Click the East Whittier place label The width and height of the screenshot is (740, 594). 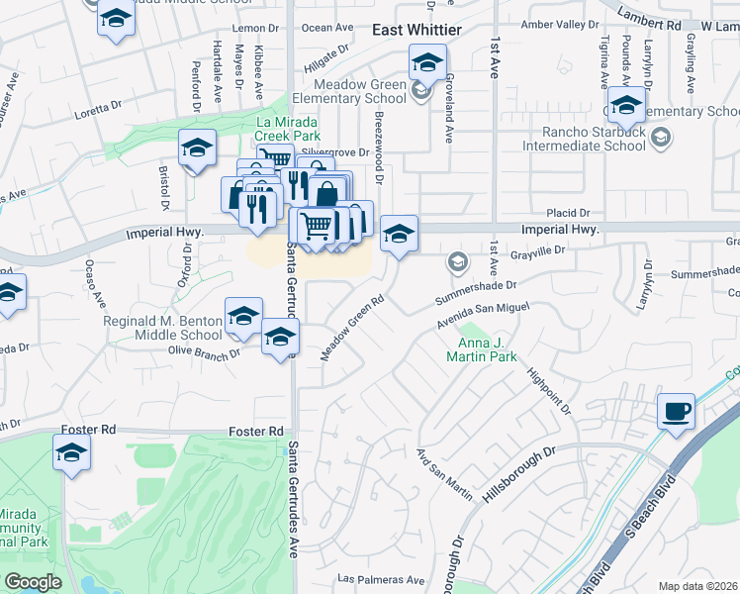(x=416, y=31)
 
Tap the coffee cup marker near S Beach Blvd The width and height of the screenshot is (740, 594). (x=676, y=412)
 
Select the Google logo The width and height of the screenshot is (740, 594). (x=33, y=581)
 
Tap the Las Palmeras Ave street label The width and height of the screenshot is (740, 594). (x=381, y=580)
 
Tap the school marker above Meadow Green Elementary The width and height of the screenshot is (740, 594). (x=427, y=64)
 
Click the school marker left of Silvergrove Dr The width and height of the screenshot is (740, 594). (x=197, y=148)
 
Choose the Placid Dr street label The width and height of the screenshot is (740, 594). (x=569, y=213)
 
